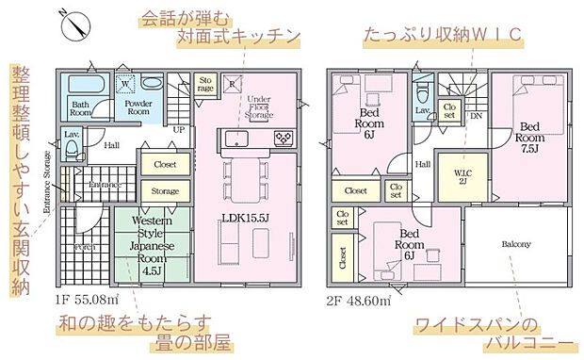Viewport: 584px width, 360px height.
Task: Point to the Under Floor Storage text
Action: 259,108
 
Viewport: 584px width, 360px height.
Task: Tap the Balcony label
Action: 515,243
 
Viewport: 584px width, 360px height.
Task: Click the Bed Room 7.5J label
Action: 530,137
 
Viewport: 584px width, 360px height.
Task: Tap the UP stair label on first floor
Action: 178,130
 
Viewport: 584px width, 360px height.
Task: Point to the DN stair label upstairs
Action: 476,115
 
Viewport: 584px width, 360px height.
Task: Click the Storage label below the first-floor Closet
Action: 165,191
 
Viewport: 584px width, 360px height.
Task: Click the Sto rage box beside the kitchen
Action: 205,84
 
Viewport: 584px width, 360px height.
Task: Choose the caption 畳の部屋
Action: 190,340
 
